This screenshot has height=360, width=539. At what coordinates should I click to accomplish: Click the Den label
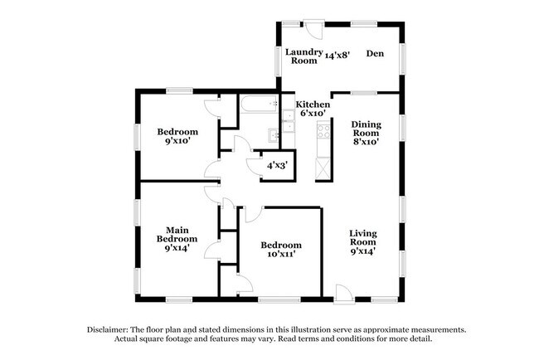pyautogui.click(x=375, y=54)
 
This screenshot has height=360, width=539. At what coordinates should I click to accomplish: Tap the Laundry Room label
pyautogui.click(x=303, y=56)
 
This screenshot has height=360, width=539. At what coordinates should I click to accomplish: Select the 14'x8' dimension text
pyautogui.click(x=337, y=56)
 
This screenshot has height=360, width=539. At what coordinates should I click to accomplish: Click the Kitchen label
pyautogui.click(x=313, y=105)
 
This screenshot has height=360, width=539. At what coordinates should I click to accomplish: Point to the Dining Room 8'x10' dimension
pyautogui.click(x=366, y=142)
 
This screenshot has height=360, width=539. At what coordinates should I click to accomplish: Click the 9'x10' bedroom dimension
pyautogui.click(x=177, y=142)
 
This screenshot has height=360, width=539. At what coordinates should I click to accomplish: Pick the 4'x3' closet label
pyautogui.click(x=275, y=165)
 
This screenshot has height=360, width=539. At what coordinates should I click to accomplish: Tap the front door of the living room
pyautogui.click(x=343, y=291)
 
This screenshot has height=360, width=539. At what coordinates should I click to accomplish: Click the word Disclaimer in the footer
pyautogui.click(x=111, y=329)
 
